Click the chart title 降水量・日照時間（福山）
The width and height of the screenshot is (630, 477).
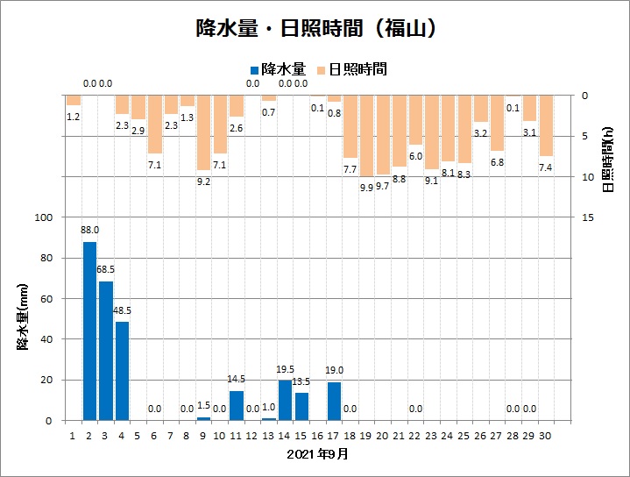(315, 28)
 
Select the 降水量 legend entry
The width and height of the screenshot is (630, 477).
(277, 68)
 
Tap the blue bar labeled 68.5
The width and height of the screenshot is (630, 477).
(106, 351)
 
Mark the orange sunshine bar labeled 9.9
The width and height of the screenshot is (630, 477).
(367, 136)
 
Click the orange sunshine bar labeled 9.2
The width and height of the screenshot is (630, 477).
(203, 132)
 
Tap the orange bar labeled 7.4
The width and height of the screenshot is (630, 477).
(546, 125)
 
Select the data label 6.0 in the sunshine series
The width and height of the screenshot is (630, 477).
(415, 155)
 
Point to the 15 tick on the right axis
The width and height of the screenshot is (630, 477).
(589, 217)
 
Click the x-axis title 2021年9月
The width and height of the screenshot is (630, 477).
(317, 454)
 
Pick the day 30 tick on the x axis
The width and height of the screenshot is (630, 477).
(546, 434)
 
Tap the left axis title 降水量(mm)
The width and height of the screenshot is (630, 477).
(24, 318)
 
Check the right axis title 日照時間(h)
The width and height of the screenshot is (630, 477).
(608, 160)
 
